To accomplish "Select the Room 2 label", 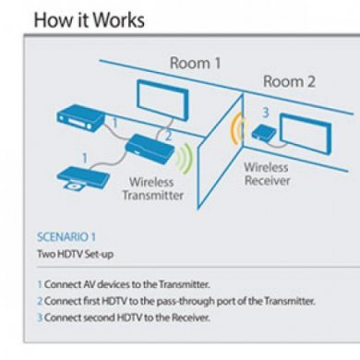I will [x=289, y=81].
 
